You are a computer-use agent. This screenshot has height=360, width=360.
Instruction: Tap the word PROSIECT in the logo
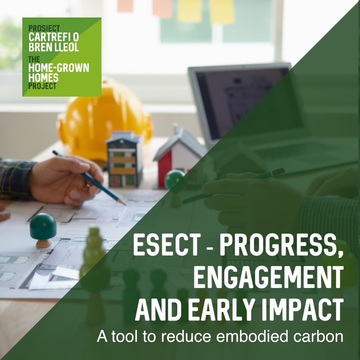click(x=44, y=28)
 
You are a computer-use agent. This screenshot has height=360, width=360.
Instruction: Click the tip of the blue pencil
click(x=125, y=204)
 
